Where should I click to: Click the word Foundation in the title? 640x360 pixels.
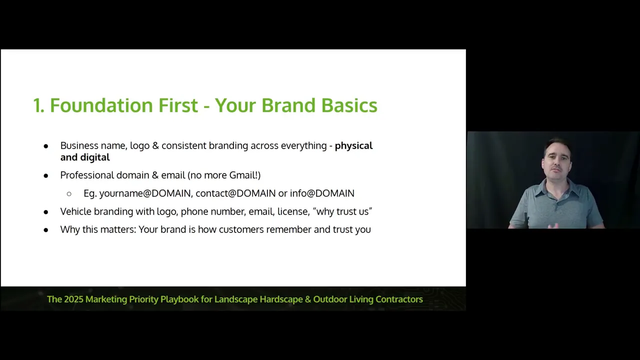[x=101, y=105]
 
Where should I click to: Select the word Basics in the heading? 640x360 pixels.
[x=349, y=105]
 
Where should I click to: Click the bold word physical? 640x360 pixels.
[x=353, y=145]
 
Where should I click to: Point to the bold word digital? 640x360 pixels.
[x=95, y=157]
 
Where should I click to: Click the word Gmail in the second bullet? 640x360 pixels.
[x=242, y=175]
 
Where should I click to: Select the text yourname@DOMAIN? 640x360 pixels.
[x=145, y=193]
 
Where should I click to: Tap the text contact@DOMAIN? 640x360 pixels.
[x=235, y=193]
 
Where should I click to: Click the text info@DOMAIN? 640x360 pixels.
[x=322, y=193]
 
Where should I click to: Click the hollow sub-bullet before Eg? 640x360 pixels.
[x=69, y=194]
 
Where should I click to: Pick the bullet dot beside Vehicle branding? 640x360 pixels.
[x=45, y=212]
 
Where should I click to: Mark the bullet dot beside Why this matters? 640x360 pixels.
[x=45, y=230]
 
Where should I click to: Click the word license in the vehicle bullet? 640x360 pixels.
[x=293, y=211]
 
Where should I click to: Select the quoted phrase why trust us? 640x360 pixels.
[x=342, y=211]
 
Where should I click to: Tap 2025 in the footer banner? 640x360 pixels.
[x=73, y=299]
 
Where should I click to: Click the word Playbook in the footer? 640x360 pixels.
[x=179, y=299]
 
